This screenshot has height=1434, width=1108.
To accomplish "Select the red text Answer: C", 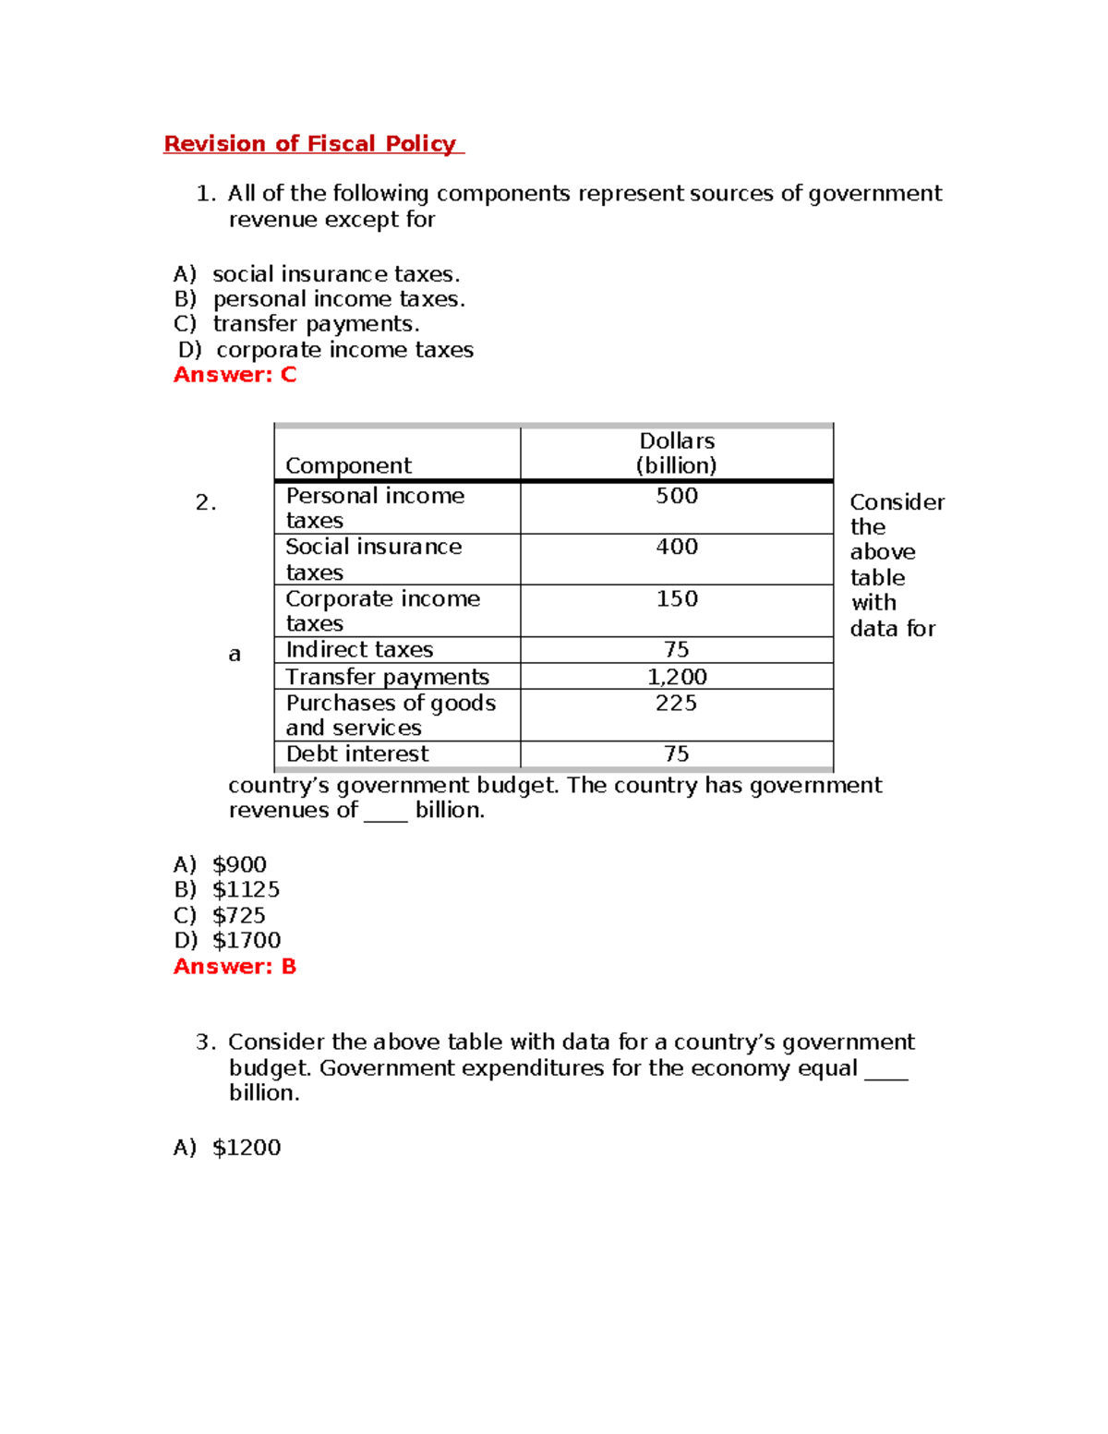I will (235, 375).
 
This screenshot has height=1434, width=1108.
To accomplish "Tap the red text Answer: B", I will (235, 967).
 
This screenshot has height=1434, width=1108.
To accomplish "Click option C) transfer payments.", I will (296, 324).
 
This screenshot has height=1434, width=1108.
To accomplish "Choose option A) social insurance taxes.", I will (317, 274).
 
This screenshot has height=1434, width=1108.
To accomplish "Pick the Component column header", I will (348, 465).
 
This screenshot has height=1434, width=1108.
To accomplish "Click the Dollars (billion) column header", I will (676, 453).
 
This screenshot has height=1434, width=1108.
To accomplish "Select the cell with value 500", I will (676, 496).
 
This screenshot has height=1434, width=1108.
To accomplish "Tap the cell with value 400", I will (676, 547).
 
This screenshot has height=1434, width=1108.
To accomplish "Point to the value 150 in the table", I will (676, 599).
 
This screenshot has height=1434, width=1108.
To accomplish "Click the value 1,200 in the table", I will (676, 677).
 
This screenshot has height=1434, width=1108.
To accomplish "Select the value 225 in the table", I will (676, 704).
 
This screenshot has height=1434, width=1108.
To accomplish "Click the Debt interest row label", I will (357, 754).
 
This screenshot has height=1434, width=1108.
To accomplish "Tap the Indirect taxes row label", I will (359, 650).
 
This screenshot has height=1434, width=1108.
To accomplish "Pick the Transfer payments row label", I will (387, 677).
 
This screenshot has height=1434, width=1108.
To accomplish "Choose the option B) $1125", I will (226, 890).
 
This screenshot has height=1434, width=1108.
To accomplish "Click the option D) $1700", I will (227, 941).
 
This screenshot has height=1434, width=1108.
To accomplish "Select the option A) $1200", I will (227, 1148).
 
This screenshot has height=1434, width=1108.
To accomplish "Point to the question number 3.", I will (205, 1042).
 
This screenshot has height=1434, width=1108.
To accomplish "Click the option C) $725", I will (220, 916).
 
